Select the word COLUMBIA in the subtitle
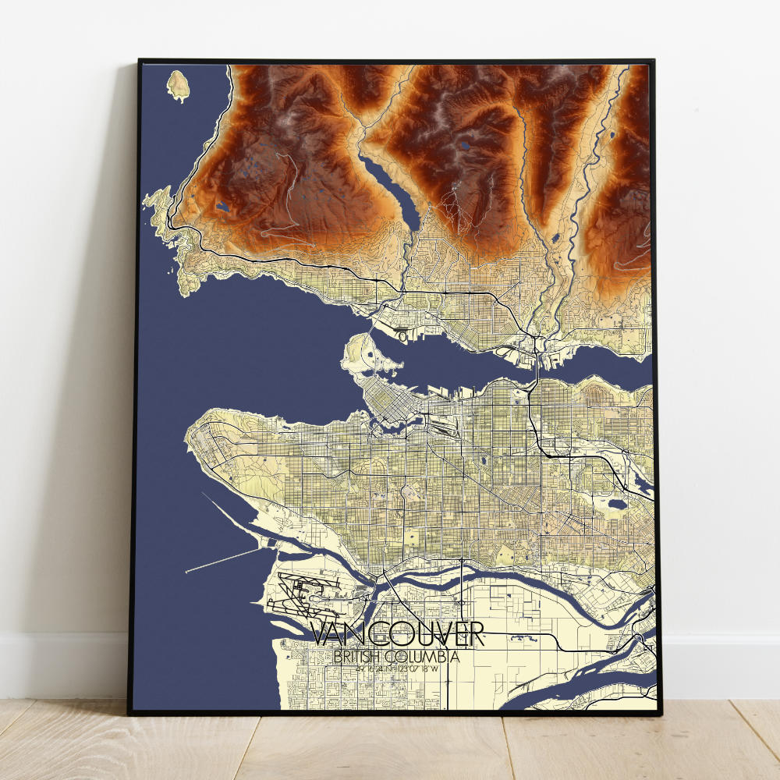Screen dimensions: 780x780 [427, 657]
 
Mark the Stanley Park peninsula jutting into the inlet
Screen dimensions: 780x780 [367, 355]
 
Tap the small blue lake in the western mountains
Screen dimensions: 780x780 [223, 208]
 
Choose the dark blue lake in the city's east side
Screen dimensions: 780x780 [618, 504]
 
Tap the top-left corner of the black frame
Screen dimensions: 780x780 [140, 60]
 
